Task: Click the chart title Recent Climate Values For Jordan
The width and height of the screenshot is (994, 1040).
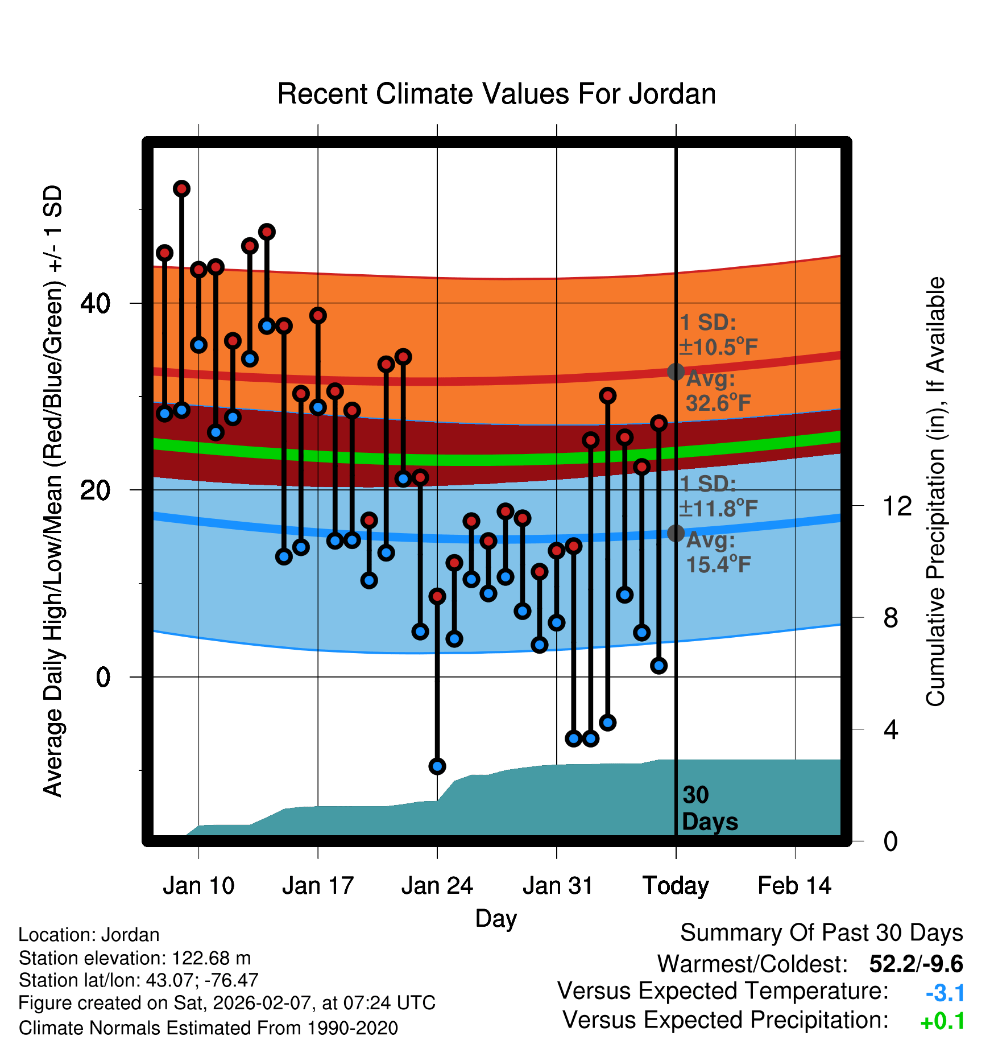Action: (x=496, y=94)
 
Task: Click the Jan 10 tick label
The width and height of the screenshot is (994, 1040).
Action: (x=198, y=886)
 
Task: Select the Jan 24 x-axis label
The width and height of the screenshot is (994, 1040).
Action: (x=437, y=886)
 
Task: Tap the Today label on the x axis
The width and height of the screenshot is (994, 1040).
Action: (x=676, y=886)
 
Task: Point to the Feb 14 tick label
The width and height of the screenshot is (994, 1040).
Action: (x=794, y=886)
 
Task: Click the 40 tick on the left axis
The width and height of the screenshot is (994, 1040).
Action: (x=96, y=303)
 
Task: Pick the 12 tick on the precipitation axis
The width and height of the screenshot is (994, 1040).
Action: (x=897, y=506)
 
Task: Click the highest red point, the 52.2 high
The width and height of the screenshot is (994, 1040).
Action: (x=181, y=189)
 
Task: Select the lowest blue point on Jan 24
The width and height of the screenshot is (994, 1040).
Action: (x=437, y=766)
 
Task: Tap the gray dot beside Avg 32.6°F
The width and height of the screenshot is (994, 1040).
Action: (x=676, y=372)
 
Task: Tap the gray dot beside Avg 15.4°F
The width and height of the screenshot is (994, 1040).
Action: (x=676, y=533)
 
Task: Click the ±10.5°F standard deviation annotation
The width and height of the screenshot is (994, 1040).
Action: (x=718, y=346)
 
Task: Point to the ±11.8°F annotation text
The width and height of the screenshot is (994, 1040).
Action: (x=718, y=508)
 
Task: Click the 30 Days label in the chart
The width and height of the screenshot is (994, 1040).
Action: (x=709, y=808)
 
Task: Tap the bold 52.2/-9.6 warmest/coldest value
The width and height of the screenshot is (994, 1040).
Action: (x=916, y=964)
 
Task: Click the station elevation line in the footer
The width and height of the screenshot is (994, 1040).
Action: (x=135, y=958)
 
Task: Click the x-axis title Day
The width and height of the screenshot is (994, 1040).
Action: (x=496, y=918)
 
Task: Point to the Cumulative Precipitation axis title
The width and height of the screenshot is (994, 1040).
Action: (x=935, y=492)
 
